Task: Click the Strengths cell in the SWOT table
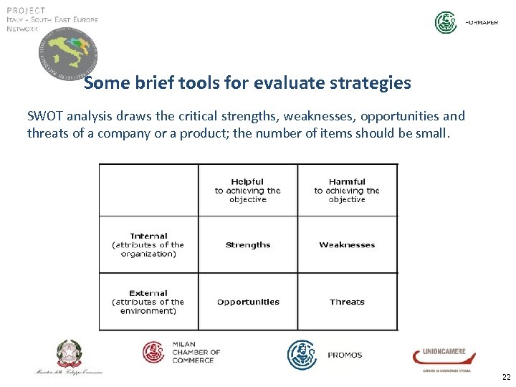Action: click(x=248, y=245)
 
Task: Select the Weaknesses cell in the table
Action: click(x=347, y=245)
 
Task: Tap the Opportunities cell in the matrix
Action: click(x=248, y=302)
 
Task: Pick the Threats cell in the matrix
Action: click(x=347, y=302)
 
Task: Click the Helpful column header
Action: click(x=248, y=191)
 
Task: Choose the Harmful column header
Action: click(x=347, y=191)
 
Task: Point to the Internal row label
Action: click(x=148, y=244)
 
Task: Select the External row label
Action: click(x=148, y=302)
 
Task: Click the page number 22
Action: click(x=506, y=377)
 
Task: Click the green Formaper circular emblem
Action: click(x=446, y=22)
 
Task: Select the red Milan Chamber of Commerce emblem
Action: click(x=154, y=352)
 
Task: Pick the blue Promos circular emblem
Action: click(x=302, y=354)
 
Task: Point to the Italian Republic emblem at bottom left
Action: click(x=70, y=353)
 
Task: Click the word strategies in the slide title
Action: click(x=372, y=83)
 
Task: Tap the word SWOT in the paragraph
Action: click(x=44, y=116)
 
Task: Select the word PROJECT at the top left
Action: click(x=26, y=10)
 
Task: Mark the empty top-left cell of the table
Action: click(x=148, y=190)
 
